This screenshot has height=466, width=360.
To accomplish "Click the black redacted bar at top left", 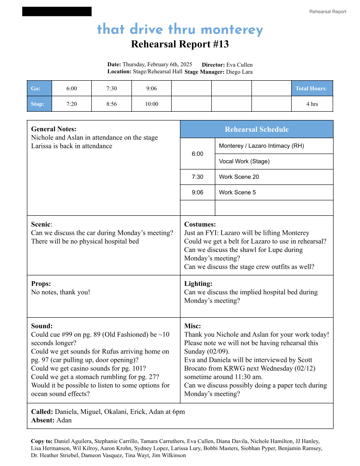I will pos(57,11).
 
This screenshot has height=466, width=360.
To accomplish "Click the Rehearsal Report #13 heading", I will pos(180,44).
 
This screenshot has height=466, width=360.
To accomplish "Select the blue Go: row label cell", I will pos(39,88).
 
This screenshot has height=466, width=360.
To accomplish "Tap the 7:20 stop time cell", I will pos(71,104).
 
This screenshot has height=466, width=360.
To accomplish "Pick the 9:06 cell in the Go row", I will pos(151,88).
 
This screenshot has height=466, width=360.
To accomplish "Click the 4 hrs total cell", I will pos(312,104).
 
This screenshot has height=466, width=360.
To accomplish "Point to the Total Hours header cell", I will pos(311,88).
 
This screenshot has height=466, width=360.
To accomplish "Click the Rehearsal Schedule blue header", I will pos(256,129).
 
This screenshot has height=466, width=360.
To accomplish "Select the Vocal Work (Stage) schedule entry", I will pos(244,162).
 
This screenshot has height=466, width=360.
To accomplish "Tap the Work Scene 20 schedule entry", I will pos(239,177).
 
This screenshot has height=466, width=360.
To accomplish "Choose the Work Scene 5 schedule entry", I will pos(237,192).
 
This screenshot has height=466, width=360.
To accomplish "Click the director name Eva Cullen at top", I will pos(240,65).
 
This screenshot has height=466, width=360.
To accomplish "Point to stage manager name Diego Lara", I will pos(239,72).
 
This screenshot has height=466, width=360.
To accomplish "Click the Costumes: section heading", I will pos(200,224).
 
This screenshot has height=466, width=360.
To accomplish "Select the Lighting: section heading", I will pos(198,284).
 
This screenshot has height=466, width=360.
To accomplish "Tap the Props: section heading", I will pos(41,284).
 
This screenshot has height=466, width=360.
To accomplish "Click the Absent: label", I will pos(43,420).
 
